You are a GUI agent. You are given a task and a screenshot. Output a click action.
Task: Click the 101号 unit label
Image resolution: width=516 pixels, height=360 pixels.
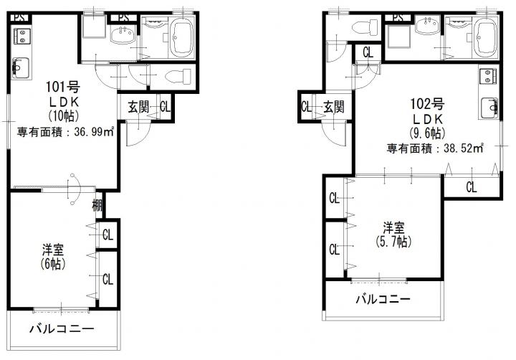click(x=63, y=87)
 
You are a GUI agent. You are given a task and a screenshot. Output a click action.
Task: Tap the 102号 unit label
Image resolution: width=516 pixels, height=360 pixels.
click(x=427, y=104)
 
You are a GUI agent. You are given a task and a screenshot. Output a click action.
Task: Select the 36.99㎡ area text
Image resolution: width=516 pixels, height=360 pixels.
click(x=94, y=132)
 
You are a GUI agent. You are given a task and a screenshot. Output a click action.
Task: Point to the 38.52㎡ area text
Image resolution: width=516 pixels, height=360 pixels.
click(x=464, y=148)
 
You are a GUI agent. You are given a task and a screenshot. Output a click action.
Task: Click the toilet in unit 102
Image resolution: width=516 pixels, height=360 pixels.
click(x=365, y=27)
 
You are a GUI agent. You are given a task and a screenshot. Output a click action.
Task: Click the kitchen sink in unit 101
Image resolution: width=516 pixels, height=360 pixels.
click(x=21, y=68)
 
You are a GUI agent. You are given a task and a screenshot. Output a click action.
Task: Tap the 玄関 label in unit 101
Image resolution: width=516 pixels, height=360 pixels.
click(x=138, y=108)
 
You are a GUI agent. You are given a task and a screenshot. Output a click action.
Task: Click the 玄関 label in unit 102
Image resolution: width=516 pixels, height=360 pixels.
click(x=333, y=107)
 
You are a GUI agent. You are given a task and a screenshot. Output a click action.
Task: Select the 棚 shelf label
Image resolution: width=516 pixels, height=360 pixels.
click(x=97, y=206)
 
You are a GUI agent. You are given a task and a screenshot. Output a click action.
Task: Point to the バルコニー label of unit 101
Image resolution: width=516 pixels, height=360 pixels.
click(x=62, y=328)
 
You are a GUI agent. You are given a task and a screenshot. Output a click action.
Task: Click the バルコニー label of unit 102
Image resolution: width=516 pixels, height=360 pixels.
click(x=383, y=299)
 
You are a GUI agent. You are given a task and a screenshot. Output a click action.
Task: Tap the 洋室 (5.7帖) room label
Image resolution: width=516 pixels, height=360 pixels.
click(x=393, y=235)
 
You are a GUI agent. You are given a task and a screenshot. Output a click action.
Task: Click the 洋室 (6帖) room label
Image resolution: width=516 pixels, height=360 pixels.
click(x=52, y=257)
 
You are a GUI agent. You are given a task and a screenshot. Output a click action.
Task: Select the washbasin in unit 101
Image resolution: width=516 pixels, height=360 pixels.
click(x=123, y=35)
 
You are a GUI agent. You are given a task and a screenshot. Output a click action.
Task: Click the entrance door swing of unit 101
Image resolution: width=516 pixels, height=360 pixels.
click(x=140, y=133)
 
